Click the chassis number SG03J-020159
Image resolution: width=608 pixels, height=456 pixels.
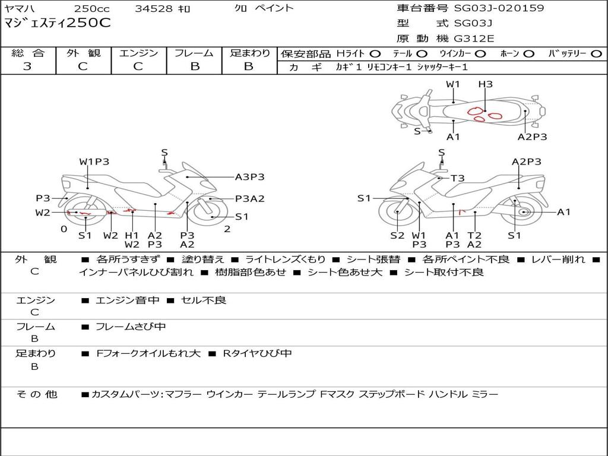(x=499, y=8)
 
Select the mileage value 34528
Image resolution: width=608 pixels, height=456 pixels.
(x=151, y=8)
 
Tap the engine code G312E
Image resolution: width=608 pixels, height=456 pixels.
(x=474, y=39)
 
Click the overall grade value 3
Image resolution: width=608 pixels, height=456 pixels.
(x=27, y=66)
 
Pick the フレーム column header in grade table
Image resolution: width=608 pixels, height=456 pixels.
(x=194, y=53)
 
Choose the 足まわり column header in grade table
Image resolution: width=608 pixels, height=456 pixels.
(x=249, y=53)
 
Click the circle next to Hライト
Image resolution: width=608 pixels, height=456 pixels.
(x=375, y=53)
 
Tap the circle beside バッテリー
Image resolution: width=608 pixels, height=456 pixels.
(x=596, y=53)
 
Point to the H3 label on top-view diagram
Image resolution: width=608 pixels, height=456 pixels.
(x=485, y=84)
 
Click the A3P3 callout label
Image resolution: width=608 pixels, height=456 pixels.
(x=249, y=176)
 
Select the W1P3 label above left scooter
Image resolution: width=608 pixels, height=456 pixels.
(x=94, y=161)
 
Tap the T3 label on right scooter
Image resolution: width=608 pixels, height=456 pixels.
(x=457, y=178)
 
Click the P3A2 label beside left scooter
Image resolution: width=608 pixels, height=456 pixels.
(x=249, y=199)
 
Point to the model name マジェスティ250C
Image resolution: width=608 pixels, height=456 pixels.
(x=58, y=23)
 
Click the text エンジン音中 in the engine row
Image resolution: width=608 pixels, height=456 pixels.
(x=128, y=300)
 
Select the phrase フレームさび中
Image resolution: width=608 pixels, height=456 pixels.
(x=131, y=327)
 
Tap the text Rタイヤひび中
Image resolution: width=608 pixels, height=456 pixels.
(x=257, y=353)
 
